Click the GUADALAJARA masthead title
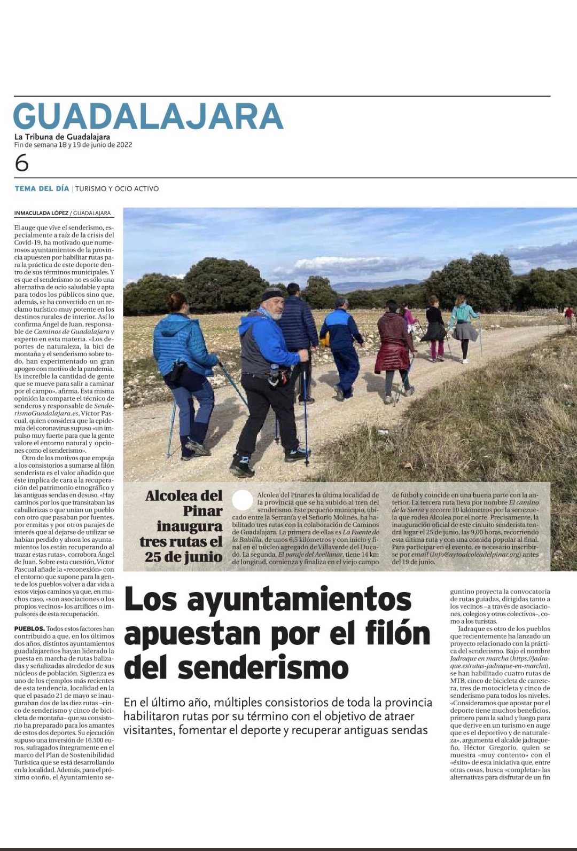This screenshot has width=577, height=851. pyautogui.click(x=148, y=116)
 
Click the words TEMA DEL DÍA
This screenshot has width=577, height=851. pyautogui.click(x=42, y=188)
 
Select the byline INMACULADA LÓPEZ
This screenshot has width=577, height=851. pyautogui.click(x=41, y=213)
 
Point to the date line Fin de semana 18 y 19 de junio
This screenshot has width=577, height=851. pyautogui.click(x=73, y=145)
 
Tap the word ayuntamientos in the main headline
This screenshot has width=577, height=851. pyautogui.click(x=299, y=599)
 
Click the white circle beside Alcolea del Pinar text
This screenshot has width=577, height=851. pyautogui.click(x=243, y=500)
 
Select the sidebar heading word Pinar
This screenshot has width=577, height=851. pyautogui.click(x=202, y=511)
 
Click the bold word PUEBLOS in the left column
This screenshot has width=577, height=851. pyautogui.click(x=29, y=629)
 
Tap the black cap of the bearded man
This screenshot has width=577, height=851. pyautogui.click(x=272, y=294)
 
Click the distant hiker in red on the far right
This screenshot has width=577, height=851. pyautogui.click(x=570, y=315)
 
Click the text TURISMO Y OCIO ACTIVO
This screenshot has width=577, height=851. pyautogui.click(x=117, y=188)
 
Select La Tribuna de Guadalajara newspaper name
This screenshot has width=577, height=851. pyautogui.click(x=62, y=137)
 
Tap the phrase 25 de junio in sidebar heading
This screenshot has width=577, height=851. pyautogui.click(x=183, y=557)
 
